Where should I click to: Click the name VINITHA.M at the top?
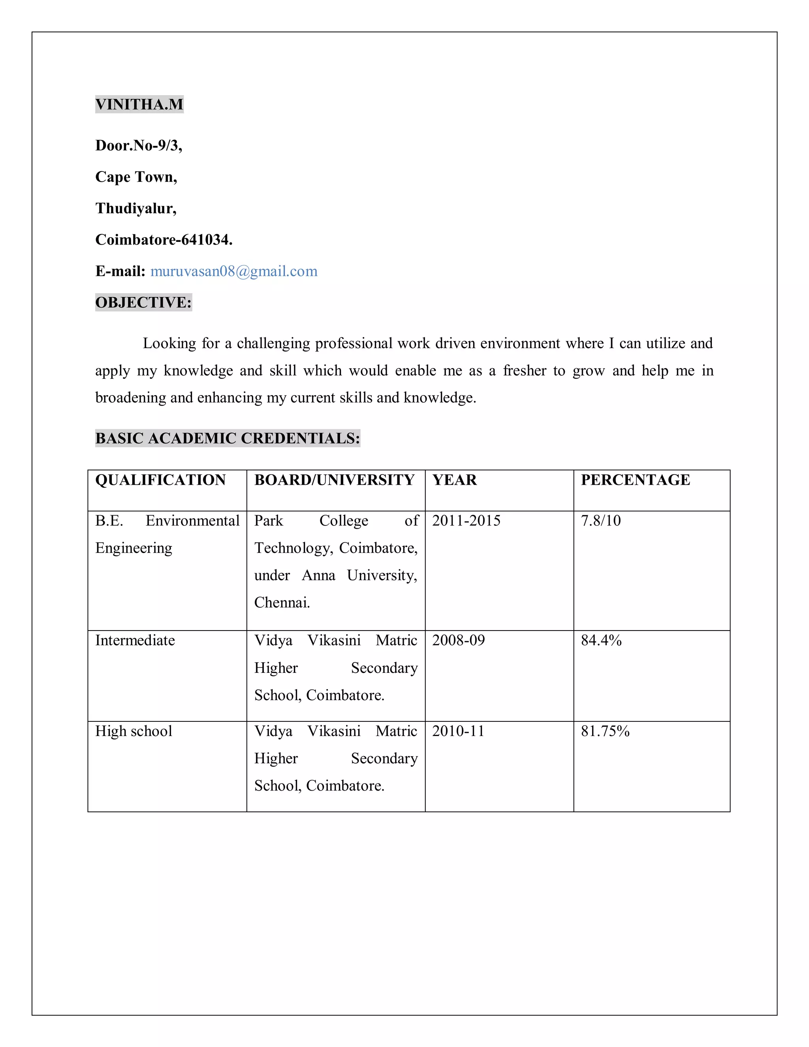click(x=139, y=104)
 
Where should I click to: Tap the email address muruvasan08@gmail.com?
click(x=233, y=271)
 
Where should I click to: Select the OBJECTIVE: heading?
click(x=143, y=303)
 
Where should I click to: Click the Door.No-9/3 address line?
click(x=139, y=145)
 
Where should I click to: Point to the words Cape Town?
click(x=136, y=177)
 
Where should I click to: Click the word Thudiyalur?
click(x=135, y=208)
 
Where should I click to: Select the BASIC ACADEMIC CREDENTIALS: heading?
click(x=227, y=438)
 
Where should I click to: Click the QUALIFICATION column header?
click(x=160, y=480)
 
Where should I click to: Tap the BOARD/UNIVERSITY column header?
click(x=334, y=480)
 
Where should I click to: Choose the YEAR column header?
click(x=454, y=480)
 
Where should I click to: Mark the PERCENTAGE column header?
click(x=635, y=480)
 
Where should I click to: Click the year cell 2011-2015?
click(x=466, y=521)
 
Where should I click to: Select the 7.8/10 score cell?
click(x=600, y=521)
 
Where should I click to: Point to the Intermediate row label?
click(x=135, y=640)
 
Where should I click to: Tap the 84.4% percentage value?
click(x=601, y=640)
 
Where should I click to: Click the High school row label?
click(x=133, y=731)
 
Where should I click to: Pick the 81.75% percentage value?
click(x=605, y=731)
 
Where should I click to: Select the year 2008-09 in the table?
click(x=458, y=640)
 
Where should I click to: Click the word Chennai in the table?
click(x=282, y=603)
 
